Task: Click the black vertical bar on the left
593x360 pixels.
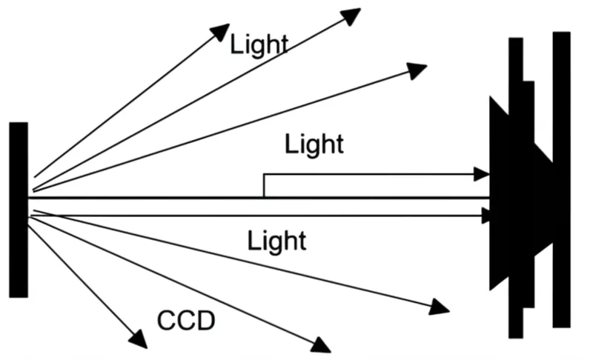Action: pos(19,210)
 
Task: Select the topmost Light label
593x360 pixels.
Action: pos(258,44)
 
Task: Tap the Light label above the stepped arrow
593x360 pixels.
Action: pos(314,144)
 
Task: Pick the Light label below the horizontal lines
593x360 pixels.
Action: pos(276,240)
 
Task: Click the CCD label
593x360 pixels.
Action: pos(186,321)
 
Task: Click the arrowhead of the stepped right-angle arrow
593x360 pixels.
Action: pos(483,175)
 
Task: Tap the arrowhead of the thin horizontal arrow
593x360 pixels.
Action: pos(486,216)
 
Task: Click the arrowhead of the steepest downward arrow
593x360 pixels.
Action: pos(138,339)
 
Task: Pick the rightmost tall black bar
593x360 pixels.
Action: pos(561,179)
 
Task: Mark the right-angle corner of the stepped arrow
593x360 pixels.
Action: pos(264,176)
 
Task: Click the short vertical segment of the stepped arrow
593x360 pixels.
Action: pos(264,186)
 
